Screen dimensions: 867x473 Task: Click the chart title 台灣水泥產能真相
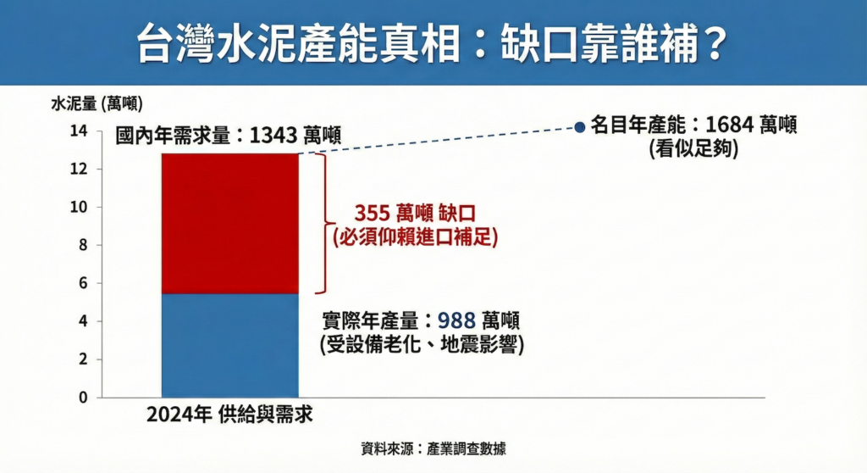(299, 44)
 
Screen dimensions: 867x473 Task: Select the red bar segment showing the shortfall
(230, 223)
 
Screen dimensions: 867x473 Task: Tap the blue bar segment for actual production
(230, 346)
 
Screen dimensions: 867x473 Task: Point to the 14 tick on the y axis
(79, 131)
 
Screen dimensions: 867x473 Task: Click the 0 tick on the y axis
(83, 398)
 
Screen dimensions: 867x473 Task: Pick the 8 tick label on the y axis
(83, 245)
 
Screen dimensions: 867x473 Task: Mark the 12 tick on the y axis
(79, 169)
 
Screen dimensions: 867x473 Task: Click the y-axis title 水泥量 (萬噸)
(97, 103)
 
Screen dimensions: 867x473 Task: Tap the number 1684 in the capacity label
(729, 125)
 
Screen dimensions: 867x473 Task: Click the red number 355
(373, 214)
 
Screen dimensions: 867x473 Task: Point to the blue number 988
(456, 320)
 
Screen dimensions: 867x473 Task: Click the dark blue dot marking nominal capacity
(579, 127)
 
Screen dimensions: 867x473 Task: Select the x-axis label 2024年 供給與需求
(229, 415)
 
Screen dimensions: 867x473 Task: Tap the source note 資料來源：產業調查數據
(433, 448)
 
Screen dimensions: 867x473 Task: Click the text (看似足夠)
(694, 148)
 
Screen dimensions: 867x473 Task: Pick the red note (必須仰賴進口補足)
(415, 237)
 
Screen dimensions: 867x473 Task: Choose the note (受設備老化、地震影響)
(422, 344)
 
